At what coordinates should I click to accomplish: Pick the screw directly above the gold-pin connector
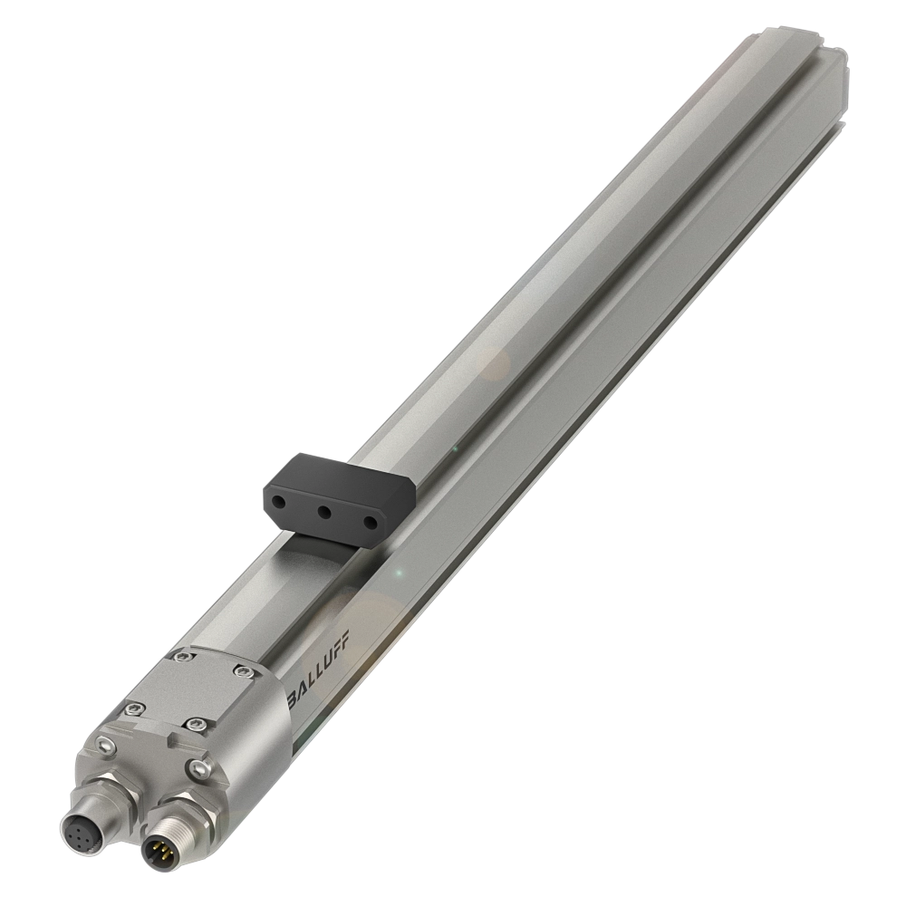(198, 768)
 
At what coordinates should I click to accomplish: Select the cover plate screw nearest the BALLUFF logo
(244, 670)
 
